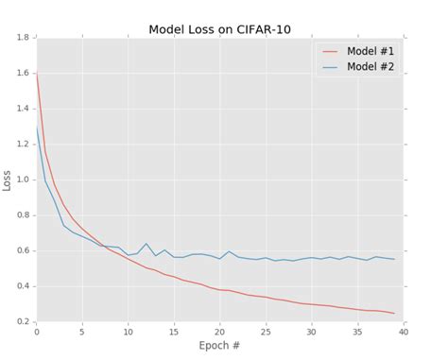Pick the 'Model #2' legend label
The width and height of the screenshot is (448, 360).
[x=370, y=66]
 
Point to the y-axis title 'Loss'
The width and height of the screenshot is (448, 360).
[x=8, y=180]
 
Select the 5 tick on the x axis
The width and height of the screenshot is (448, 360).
[x=82, y=332]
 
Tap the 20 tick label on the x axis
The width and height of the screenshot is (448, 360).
[x=221, y=332]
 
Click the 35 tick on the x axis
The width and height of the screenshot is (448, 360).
[x=359, y=332]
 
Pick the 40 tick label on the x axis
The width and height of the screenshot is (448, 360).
[x=405, y=332]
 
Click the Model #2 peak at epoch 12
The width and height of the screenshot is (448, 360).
[x=146, y=243]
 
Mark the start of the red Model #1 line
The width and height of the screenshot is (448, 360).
[x=36, y=72]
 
